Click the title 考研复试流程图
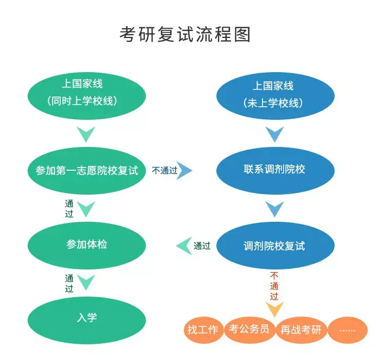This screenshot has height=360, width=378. coord(185,35)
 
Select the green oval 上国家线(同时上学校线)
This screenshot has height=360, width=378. coord(86,93)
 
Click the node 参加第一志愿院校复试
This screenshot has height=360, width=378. coord(86,170)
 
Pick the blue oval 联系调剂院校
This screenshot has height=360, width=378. coord(275,170)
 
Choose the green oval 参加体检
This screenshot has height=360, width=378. coord(86,245)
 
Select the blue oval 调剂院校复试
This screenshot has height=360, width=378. coord(275,246)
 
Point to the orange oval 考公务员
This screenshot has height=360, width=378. coord(249,329)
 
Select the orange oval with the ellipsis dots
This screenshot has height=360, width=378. coord(347,330)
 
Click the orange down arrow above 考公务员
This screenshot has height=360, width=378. coord(274,310)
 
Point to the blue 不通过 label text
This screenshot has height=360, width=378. coord(164,170)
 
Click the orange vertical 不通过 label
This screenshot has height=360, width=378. coord(274,286)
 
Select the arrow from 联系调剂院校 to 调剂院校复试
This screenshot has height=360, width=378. coord(275,208)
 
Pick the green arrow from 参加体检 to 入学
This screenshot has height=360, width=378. coord(86,282)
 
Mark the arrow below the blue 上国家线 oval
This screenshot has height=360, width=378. coord(275,133)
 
